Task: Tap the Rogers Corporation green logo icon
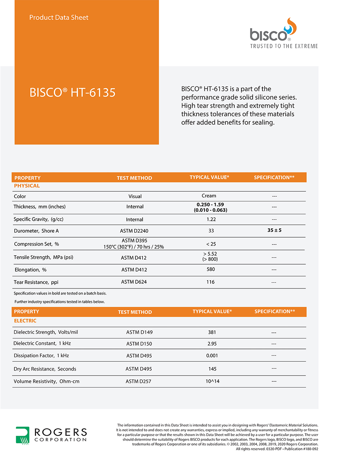coord(22,435)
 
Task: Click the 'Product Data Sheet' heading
coord(59,17)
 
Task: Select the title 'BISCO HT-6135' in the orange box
coord(72,93)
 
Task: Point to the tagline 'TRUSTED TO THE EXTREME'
coord(284,46)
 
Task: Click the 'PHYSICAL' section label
coord(27,186)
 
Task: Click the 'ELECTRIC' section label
coord(25,321)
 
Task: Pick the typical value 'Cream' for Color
coord(209,196)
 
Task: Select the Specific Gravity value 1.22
coord(211,219)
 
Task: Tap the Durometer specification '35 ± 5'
coord(274,230)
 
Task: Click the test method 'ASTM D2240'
coord(134,231)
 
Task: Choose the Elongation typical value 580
coord(211,269)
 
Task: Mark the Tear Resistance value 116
coord(211,282)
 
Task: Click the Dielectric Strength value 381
coord(212,332)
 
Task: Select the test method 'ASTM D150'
coord(139,344)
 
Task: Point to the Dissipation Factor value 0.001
coord(212,355)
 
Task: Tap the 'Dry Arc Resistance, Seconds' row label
coord(45,369)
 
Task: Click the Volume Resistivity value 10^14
coord(212,381)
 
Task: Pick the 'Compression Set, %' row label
coord(36,244)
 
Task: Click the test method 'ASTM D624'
coord(134,282)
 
